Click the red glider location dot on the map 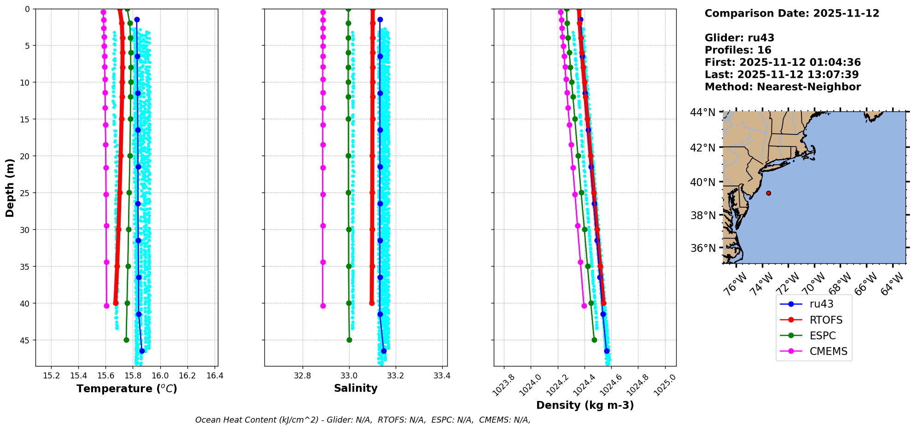click(768, 193)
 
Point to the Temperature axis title click(127, 389)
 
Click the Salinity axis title click(356, 388)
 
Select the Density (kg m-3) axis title click(585, 405)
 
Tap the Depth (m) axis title click(10, 188)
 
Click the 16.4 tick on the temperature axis click(215, 376)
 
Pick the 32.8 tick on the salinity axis click(303, 376)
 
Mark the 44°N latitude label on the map click(702, 112)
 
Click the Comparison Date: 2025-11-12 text click(792, 13)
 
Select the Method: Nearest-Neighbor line click(783, 87)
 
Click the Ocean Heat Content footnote click(362, 420)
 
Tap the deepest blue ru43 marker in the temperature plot click(142, 351)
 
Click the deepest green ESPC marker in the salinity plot click(349, 340)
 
